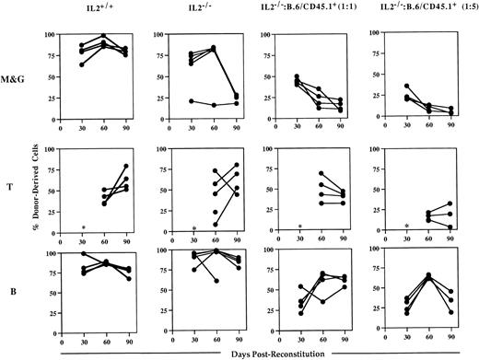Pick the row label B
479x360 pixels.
coord(18,297)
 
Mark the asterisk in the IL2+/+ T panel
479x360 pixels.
coord(83,227)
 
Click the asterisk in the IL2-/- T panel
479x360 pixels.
coord(193,227)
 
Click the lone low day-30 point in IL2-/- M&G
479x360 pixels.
coord(191,101)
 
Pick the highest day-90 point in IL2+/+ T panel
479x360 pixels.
coord(125,166)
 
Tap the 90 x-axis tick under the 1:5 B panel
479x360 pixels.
coord(451,346)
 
